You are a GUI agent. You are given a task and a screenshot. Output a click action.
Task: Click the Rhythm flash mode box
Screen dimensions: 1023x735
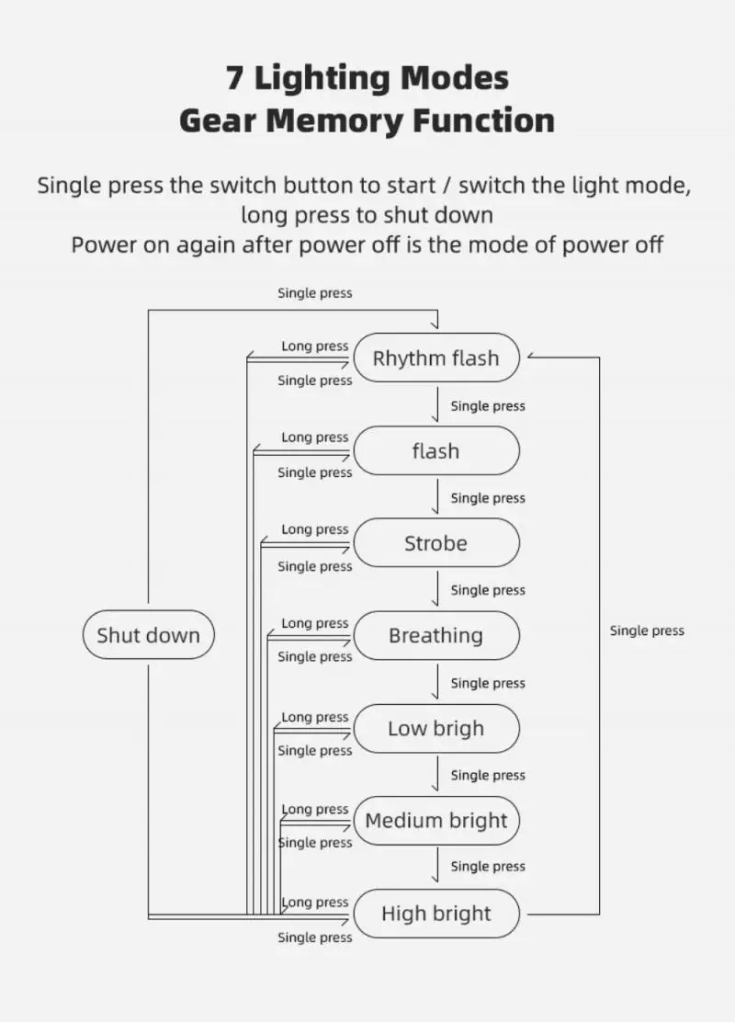pos(435,358)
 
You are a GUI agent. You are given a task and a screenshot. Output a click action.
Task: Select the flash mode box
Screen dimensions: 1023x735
pos(435,451)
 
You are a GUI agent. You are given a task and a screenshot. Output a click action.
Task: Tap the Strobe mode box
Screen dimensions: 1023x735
pos(435,543)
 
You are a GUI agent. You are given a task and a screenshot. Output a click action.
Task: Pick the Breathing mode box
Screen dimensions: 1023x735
pos(435,635)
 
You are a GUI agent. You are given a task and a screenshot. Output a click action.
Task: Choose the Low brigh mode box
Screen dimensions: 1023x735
pos(435,729)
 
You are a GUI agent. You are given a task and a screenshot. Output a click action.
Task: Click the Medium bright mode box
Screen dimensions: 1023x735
pos(435,821)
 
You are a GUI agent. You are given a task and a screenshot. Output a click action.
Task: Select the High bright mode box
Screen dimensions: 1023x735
pos(435,914)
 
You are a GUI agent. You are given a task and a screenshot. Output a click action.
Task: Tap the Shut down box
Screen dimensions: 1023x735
pos(148,635)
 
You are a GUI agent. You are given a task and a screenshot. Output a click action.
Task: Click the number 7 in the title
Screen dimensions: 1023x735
pos(235,78)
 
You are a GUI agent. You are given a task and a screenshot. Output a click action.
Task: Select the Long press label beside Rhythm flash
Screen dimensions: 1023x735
pos(314,347)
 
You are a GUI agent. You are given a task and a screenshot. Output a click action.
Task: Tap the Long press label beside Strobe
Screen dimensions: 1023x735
pos(314,529)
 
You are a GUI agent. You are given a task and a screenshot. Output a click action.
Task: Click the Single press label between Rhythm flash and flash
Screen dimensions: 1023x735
pos(488,405)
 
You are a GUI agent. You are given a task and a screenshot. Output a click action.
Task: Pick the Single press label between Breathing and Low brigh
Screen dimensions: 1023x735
pos(488,683)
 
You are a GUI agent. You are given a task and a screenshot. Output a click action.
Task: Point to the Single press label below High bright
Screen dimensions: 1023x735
pos(314,938)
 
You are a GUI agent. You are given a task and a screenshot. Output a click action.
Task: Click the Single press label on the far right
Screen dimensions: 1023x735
pos(647,631)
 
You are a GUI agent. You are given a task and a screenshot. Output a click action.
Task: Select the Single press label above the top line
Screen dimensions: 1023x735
pos(314,293)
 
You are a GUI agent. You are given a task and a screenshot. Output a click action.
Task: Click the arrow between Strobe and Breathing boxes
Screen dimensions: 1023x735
pos(436,589)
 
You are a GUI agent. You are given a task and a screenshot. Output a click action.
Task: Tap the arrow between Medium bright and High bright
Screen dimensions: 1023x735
pos(436,867)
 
